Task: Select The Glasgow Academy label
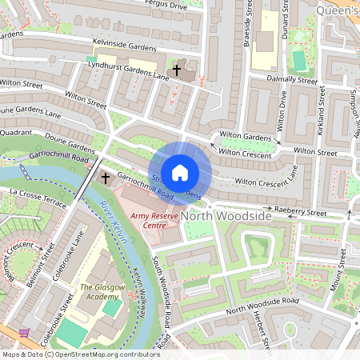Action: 102,292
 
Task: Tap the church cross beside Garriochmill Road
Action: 105,177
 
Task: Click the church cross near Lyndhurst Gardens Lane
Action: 176,70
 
